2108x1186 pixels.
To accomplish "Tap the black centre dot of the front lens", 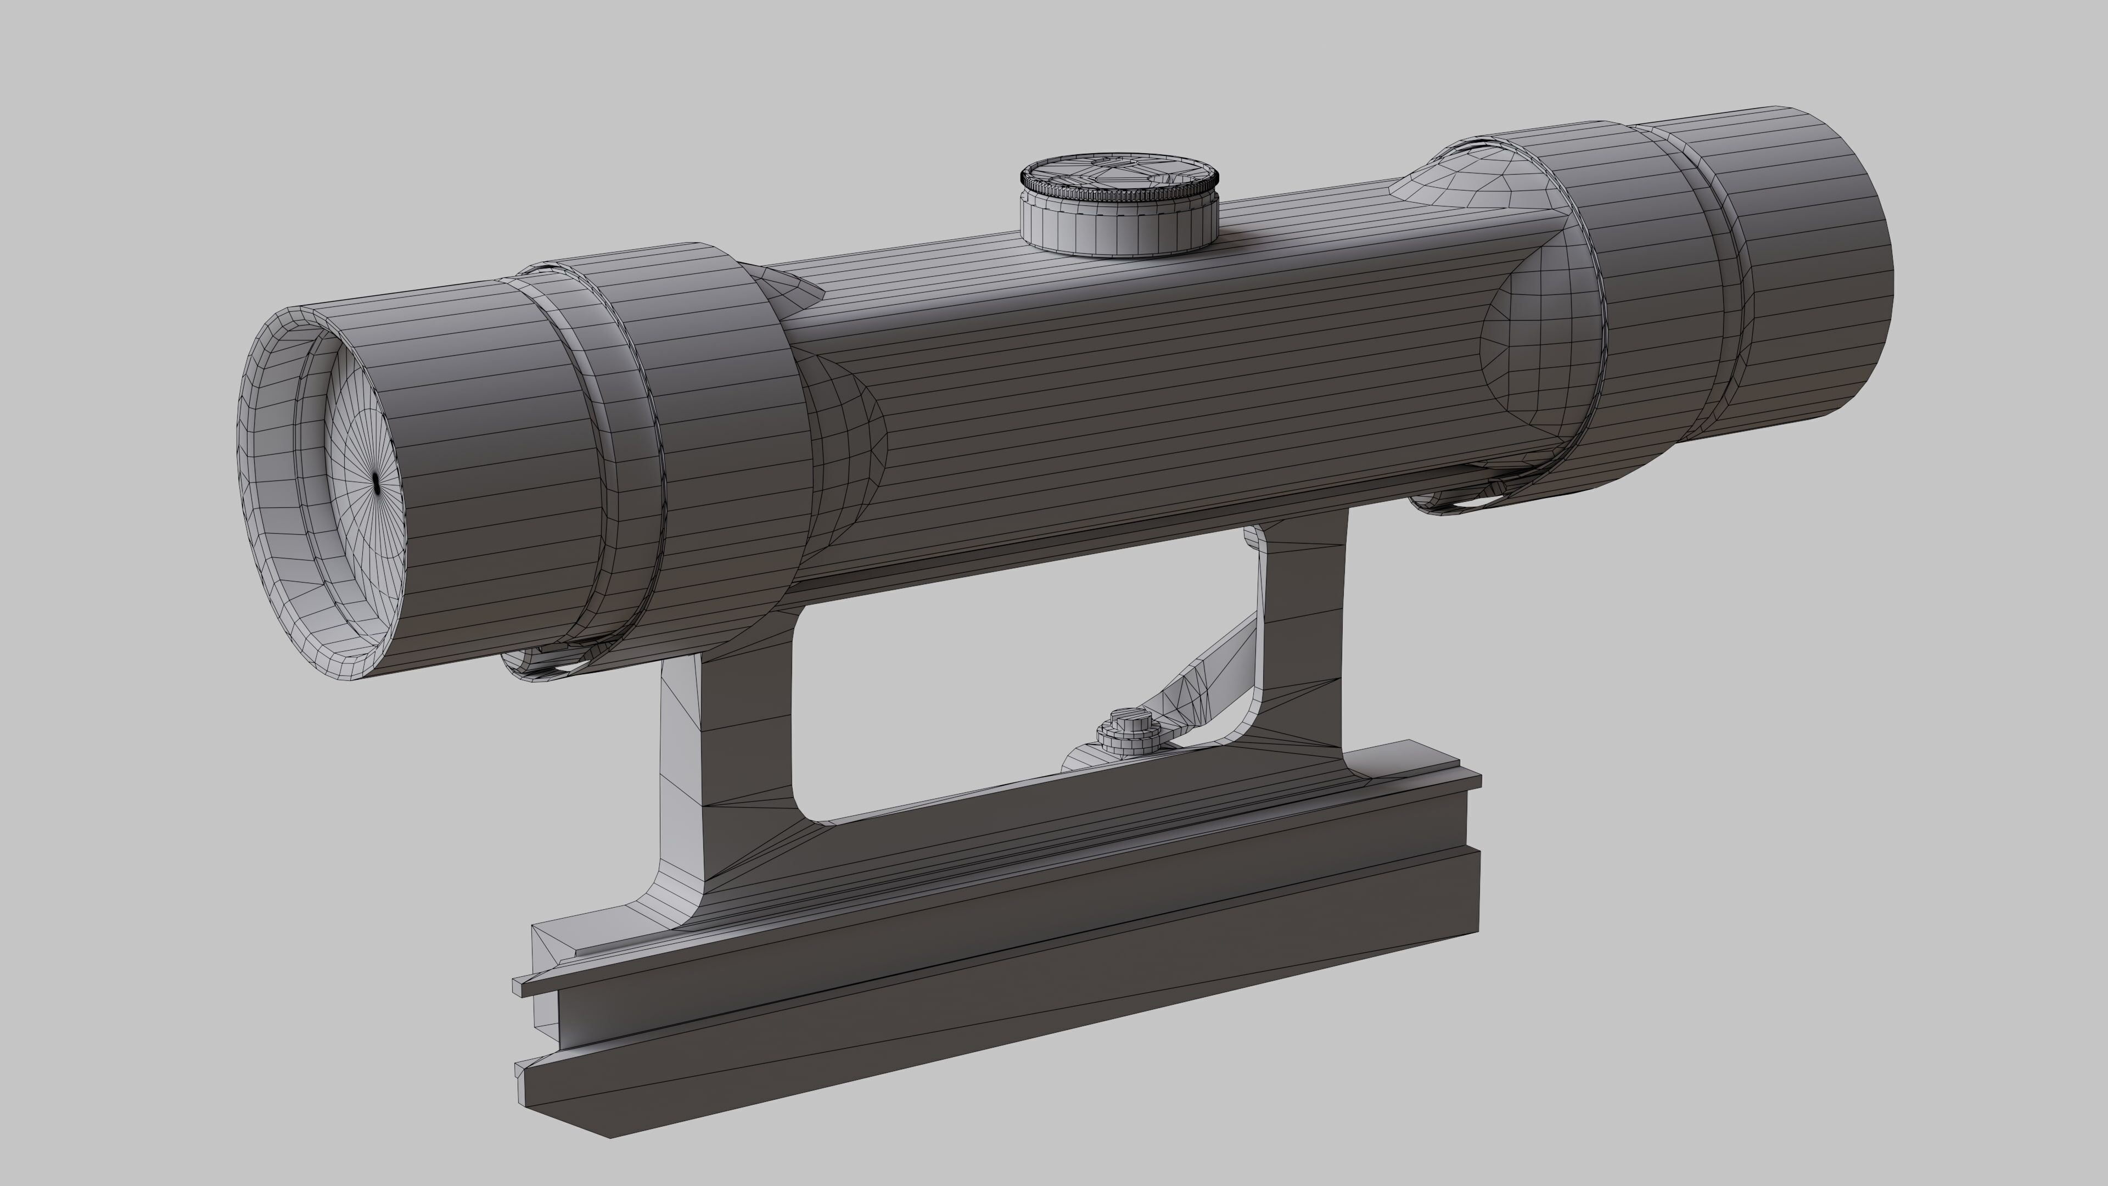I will [375, 484].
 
